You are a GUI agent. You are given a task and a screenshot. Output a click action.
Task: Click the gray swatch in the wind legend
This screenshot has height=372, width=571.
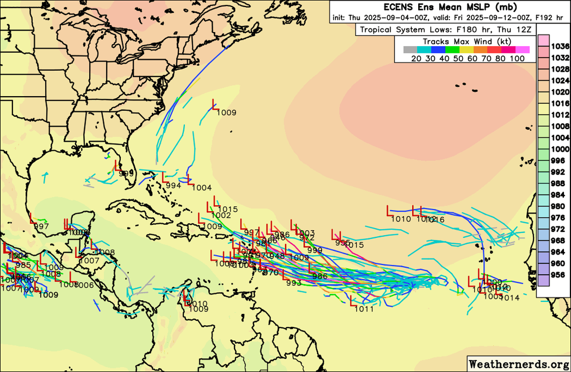(410, 50)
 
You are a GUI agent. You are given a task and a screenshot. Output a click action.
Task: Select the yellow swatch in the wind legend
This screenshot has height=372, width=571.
(466, 50)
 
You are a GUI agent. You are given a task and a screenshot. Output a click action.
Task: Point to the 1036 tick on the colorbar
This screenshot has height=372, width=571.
(560, 47)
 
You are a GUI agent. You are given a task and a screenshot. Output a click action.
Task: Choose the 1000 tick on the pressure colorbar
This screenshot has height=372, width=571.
(560, 149)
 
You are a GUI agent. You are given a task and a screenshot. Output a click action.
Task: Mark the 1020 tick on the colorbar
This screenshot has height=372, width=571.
(560, 92)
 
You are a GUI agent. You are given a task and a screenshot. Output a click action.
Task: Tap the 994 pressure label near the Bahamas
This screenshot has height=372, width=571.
(173, 186)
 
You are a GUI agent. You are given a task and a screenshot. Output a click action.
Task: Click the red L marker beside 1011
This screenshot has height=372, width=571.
(353, 301)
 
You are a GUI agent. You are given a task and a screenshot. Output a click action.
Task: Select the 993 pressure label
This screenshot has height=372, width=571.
(294, 283)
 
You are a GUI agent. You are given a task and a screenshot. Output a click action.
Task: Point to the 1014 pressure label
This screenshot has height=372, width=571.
(510, 298)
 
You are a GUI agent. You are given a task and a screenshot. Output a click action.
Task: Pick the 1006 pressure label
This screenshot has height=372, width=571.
(84, 285)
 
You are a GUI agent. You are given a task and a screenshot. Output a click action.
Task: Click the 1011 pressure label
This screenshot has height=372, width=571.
(364, 309)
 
